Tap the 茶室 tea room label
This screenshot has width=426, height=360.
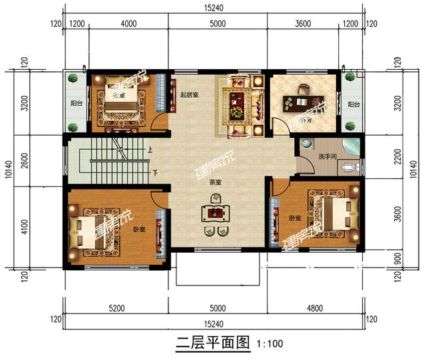point(215,181)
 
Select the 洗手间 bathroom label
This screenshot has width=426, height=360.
point(327,156)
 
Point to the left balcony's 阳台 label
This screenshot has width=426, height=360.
point(77,104)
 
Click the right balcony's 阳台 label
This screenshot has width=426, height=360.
point(353,104)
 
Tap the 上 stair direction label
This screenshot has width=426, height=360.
point(151,150)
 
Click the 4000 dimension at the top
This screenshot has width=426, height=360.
point(128,24)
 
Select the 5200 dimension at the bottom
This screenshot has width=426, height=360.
point(115,308)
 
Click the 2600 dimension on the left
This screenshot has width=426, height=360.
point(25,160)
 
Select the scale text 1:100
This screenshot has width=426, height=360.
point(268,345)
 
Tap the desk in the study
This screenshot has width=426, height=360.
point(299,102)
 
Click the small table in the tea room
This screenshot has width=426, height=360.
point(215,214)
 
